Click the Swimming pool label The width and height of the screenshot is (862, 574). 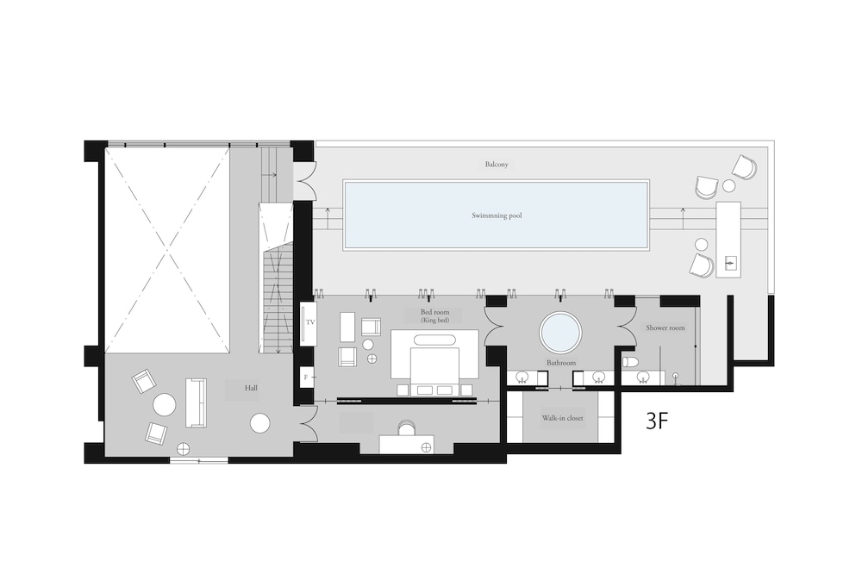[x=497, y=215]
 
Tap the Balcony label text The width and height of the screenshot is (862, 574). [x=497, y=164]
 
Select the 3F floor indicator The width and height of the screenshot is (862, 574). [x=656, y=421]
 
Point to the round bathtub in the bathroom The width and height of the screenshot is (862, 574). [x=560, y=332]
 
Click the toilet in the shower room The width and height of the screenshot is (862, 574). [x=630, y=362]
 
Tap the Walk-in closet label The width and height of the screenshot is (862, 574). [x=562, y=418]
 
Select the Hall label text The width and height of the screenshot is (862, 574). [x=251, y=388]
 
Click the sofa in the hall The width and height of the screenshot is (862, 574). [x=196, y=402]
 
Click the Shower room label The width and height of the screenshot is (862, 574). [x=665, y=328]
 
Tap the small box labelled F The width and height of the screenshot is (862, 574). [x=306, y=377]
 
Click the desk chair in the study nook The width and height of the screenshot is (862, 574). [x=407, y=427]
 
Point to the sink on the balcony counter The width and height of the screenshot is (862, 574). [x=730, y=264]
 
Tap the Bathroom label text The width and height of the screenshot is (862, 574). [x=561, y=363]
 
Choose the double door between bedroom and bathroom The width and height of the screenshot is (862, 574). [x=494, y=327]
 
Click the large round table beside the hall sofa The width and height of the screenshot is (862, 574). [x=165, y=406]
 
